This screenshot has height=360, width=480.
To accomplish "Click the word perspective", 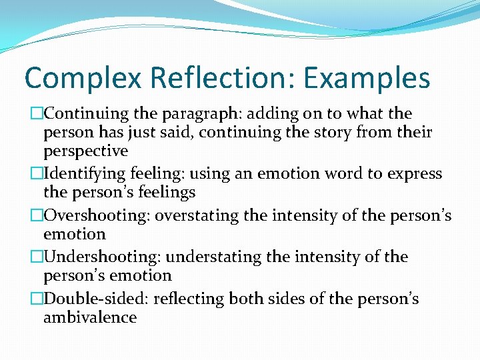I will pos(85,151).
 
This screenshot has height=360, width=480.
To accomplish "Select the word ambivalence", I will pos(90,317).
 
